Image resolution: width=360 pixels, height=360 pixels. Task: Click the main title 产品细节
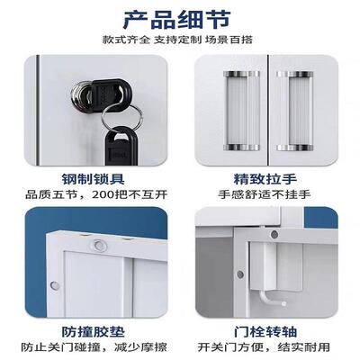[x=180, y=19]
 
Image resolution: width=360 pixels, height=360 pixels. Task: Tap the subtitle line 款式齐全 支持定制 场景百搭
[x=180, y=40]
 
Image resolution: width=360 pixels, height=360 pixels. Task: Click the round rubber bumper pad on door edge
[x=94, y=244]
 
